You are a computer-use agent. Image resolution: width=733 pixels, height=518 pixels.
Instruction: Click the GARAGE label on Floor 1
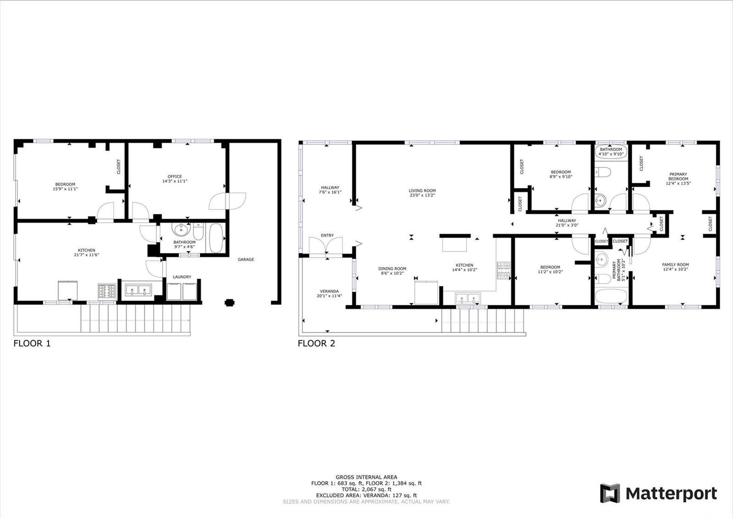246,259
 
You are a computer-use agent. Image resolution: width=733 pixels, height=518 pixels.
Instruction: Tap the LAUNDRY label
182,277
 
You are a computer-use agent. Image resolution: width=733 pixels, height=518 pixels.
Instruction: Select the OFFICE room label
175,176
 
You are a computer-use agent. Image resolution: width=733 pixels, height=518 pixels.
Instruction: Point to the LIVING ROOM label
422,191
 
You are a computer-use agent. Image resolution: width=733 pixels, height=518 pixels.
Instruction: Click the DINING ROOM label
392,269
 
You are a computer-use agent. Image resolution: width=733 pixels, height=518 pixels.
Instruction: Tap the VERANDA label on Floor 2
329,291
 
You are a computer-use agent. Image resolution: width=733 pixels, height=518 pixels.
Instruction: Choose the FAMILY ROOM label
675,265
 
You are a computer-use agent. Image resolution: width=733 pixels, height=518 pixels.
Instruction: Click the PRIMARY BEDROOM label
678,176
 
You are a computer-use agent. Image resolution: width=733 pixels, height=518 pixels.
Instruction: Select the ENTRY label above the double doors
327,236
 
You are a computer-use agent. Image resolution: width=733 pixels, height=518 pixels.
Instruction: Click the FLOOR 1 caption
32,343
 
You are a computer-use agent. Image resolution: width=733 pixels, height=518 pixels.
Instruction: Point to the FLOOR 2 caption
317,343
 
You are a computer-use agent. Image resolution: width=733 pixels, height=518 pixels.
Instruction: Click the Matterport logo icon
610,493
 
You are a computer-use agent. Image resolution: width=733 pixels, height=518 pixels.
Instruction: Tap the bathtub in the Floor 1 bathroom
216,238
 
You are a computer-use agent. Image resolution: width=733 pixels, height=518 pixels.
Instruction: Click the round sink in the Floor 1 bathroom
181,229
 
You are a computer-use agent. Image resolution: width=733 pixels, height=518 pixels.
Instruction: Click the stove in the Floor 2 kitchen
503,270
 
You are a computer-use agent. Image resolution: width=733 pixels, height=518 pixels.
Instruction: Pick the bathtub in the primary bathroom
611,296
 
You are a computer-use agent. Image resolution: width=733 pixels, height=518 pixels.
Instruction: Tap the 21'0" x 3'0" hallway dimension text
567,225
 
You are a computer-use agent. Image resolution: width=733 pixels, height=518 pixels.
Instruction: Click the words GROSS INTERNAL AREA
366,477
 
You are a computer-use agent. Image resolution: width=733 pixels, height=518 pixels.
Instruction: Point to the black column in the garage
230,303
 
